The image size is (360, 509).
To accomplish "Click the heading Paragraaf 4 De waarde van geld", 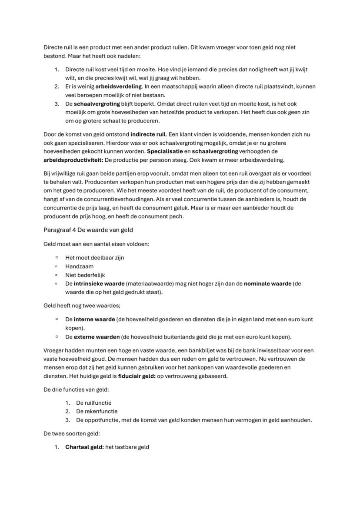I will [x=88, y=230].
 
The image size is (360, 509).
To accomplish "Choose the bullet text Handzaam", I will [x=79, y=266].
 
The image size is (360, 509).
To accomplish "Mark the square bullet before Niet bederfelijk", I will [x=57, y=275].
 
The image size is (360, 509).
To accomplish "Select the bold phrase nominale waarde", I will [x=267, y=283].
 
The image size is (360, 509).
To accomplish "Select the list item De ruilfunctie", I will [x=93, y=403].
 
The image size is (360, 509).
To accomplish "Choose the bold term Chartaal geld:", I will [x=84, y=447].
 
